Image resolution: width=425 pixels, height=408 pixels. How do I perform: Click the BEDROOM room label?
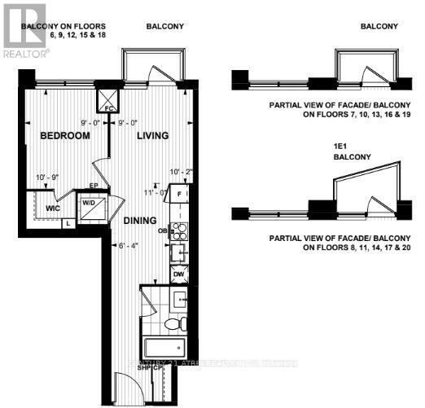point(64,135)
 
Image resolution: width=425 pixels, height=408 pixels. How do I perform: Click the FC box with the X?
point(108,103)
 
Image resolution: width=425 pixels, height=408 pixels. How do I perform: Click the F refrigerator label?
point(182,196)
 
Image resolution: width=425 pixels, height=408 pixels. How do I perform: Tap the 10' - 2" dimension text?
point(178,172)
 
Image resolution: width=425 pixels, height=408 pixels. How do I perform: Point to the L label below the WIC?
point(68,222)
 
